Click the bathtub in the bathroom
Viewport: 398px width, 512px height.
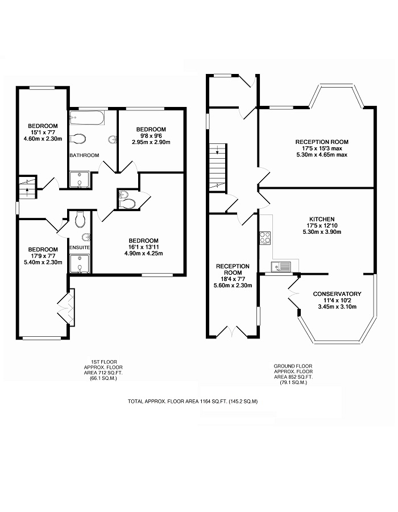87,118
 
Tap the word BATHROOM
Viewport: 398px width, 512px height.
84,155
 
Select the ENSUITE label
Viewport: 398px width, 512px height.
80,247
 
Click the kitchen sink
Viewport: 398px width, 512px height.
280,267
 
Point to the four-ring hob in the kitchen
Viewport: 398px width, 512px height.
265,238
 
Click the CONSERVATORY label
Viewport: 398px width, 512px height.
337,294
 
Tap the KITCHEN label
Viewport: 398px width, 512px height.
322,219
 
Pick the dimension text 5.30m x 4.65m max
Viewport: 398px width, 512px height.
322,155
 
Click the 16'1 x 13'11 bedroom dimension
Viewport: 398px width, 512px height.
143,247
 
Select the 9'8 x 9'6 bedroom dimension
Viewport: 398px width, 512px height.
151,135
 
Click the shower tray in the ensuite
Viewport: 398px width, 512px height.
80,263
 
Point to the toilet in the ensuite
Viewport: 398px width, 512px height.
80,219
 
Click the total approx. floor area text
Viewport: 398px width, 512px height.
193,402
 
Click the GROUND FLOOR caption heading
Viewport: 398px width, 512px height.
293,366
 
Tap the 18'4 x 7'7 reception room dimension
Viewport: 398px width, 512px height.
233,279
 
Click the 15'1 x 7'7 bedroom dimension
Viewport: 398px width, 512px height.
43,132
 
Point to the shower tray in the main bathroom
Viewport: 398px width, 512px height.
79,179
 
